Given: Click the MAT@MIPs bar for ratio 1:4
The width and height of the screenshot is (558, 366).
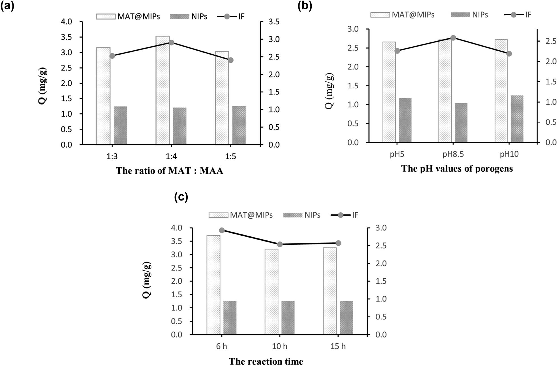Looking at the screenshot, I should click(x=163, y=91).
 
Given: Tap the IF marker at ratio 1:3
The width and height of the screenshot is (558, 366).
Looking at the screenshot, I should click(x=112, y=56).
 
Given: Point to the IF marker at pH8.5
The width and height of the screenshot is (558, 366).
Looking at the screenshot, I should click(x=453, y=38).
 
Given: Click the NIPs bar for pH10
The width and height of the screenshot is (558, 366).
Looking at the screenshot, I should click(x=517, y=119).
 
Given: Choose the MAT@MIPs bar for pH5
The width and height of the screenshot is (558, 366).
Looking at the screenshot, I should click(x=389, y=92).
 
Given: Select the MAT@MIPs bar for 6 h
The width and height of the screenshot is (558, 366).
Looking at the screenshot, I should click(x=213, y=285).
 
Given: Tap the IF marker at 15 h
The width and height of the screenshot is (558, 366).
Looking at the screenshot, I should click(x=338, y=243).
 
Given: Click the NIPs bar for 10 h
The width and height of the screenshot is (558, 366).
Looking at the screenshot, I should click(x=288, y=318).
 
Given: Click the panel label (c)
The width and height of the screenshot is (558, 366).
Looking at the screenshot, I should click(x=181, y=197).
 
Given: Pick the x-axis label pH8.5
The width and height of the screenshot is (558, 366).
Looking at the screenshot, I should click(x=453, y=154).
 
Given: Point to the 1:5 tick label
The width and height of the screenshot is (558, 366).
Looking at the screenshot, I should click(x=230, y=156).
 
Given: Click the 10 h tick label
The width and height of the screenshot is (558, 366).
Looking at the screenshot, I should click(x=280, y=346).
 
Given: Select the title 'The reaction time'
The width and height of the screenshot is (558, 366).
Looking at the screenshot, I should click(x=266, y=361).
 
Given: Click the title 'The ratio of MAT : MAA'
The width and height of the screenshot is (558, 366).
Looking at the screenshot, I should click(x=169, y=171).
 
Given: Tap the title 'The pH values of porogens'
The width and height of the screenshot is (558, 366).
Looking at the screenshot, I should click(x=457, y=169).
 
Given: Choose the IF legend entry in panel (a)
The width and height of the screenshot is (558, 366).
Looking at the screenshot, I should click(x=231, y=17).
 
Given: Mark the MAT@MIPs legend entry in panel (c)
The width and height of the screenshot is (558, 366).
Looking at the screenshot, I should click(x=241, y=215).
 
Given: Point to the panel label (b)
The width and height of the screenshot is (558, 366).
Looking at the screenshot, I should click(x=305, y=6).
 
